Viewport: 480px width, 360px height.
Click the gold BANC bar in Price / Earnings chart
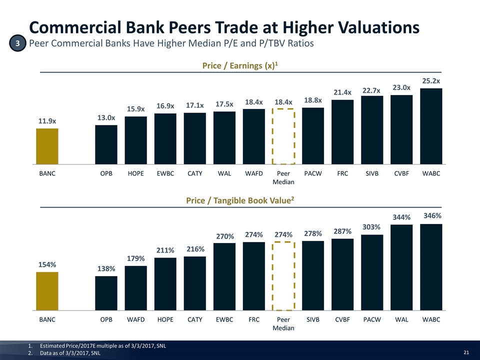pyautogui.click(x=47, y=146)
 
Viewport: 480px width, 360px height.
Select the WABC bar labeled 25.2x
pyautogui.click(x=431, y=126)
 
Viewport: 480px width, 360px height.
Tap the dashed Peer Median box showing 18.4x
pyautogui.click(x=283, y=136)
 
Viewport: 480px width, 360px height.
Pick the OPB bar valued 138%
pyautogui.click(x=106, y=293)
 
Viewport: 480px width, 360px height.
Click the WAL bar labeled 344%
pyautogui.click(x=401, y=267)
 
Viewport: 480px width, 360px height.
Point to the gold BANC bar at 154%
pyautogui.click(x=47, y=291)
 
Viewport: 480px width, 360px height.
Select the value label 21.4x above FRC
pyautogui.click(x=342, y=92)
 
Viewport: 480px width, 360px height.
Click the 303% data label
pyautogui.click(x=372, y=227)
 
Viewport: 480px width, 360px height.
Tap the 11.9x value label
pyautogui.click(x=47, y=121)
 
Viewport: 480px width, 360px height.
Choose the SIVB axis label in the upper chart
pyautogui.click(x=372, y=174)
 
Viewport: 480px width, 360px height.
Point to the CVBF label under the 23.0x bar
pyautogui.click(x=401, y=174)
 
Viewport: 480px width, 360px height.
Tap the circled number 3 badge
pyautogui.click(x=17, y=44)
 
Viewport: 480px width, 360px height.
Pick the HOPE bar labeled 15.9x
pyautogui.click(x=135, y=140)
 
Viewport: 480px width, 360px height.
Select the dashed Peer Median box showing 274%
pyautogui.click(x=283, y=276)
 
